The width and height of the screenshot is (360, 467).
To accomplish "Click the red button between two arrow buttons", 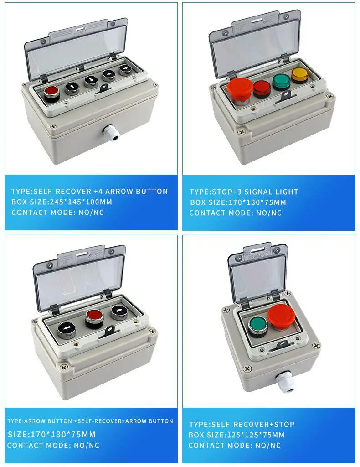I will pyautogui.click(x=93, y=315).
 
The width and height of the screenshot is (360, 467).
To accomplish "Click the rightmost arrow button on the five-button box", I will pyautogui.click(x=125, y=69).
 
